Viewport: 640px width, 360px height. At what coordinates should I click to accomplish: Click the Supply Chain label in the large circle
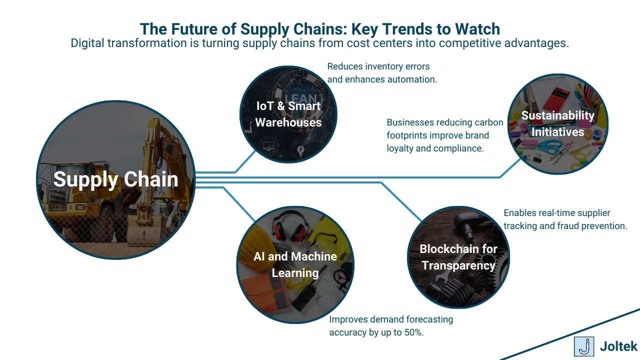tap(115, 179)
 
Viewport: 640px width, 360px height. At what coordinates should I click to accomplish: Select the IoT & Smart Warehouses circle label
tap(288, 114)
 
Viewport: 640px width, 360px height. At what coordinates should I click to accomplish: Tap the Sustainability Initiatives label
tap(557, 123)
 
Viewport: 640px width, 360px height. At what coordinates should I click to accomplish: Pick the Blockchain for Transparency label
tap(458, 257)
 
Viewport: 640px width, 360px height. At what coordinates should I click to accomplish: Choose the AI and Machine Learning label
tap(295, 264)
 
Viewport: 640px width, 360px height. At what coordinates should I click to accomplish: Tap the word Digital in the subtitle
tap(88, 43)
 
